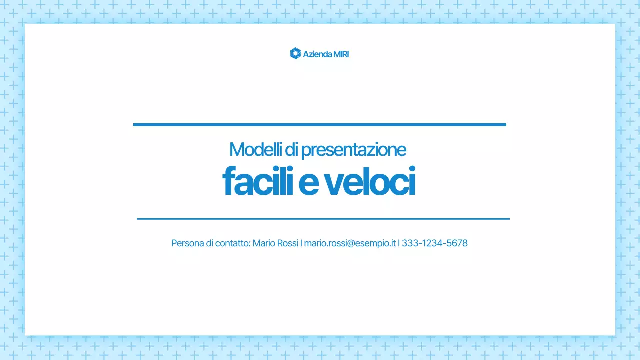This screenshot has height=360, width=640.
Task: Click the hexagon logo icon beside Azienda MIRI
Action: pyautogui.click(x=295, y=53)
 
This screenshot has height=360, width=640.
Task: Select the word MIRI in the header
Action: pyautogui.click(x=341, y=54)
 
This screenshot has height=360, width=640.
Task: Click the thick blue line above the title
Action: pyautogui.click(x=319, y=124)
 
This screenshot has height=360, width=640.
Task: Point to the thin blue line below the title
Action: pyautogui.click(x=323, y=219)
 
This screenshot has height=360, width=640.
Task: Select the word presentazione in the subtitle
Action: pyautogui.click(x=353, y=150)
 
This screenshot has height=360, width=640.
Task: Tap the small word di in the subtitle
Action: pyautogui.click(x=291, y=149)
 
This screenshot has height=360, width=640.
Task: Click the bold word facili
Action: pyautogui.click(x=257, y=181)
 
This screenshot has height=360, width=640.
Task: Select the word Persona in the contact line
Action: pyautogui.click(x=187, y=243)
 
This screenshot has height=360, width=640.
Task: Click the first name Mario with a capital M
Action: pyautogui.click(x=264, y=243)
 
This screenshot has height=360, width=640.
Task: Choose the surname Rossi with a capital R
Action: pyautogui.click(x=288, y=243)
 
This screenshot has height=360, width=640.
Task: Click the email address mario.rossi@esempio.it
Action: pyautogui.click(x=350, y=243)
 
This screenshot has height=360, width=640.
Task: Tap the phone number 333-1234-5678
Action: pyautogui.click(x=434, y=243)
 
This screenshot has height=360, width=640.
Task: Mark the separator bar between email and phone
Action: pyautogui.click(x=399, y=243)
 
